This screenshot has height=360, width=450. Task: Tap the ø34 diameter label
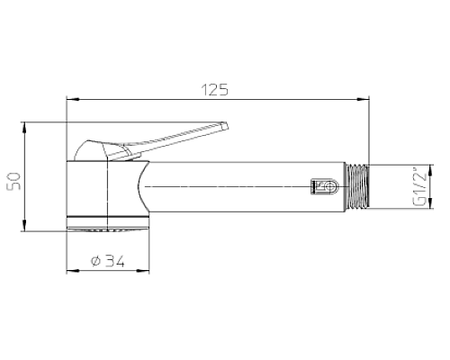point(109,262)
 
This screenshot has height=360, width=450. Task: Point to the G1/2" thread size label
point(419,186)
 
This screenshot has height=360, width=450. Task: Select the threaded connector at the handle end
point(358,187)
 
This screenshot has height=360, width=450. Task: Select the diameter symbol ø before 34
point(95,262)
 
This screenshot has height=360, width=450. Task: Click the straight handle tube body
point(252,187)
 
